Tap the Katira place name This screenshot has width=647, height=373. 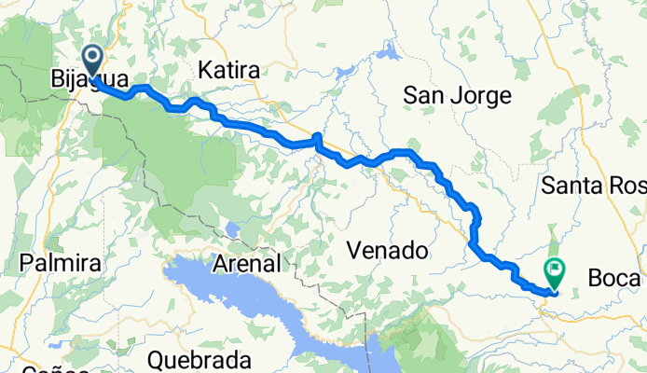[x=228, y=71]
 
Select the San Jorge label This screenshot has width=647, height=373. [x=457, y=96]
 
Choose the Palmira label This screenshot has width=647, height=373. [x=61, y=264]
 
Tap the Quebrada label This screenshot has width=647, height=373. [x=200, y=360]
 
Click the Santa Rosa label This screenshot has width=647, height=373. [x=593, y=186]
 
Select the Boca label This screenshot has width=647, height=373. [x=616, y=279]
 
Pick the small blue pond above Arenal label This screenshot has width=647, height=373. [x=230, y=229]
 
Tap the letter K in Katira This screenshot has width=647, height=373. [x=205, y=71]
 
